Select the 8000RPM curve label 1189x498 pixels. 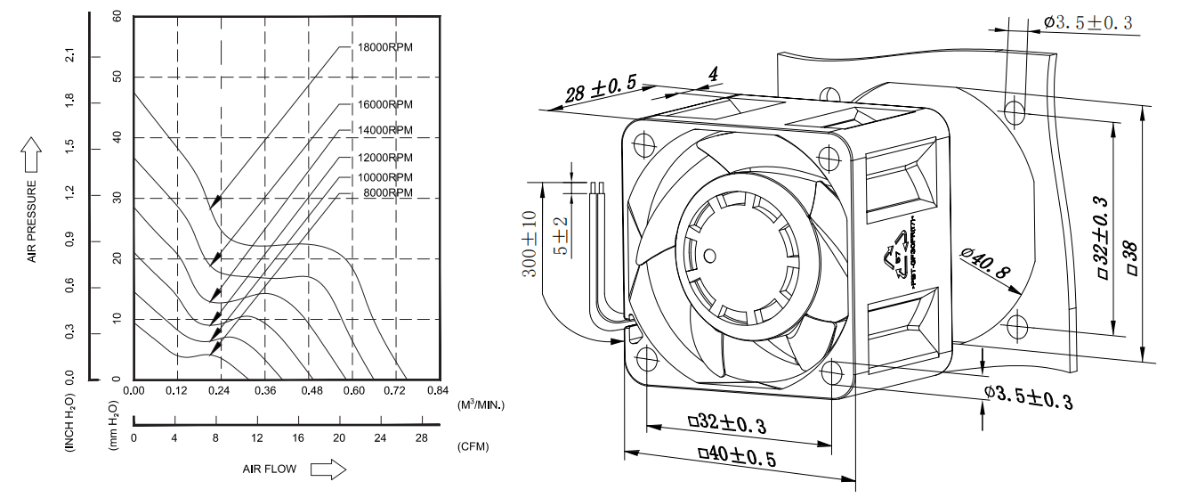[387, 192]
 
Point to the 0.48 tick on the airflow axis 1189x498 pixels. [309, 391]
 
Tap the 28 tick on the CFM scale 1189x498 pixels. [421, 437]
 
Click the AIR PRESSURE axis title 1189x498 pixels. [33, 222]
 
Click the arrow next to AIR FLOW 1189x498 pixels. [327, 469]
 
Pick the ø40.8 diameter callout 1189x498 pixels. [985, 265]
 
